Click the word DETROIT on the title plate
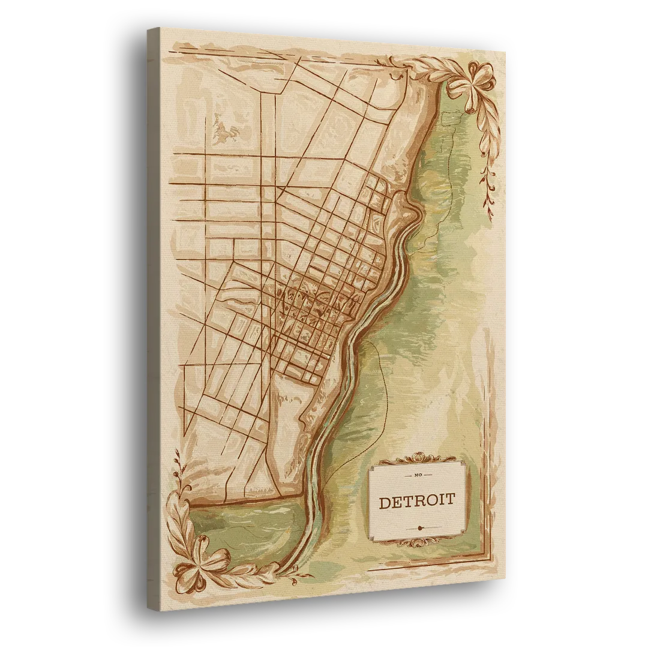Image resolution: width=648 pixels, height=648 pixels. tap(416, 502)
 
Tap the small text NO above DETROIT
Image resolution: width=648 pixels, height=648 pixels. tap(418, 476)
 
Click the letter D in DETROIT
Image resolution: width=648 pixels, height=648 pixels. tap(385, 502)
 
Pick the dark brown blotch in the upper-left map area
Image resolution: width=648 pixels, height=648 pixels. tap(223, 133)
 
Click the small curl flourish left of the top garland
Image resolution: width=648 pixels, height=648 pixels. tap(394, 77)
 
